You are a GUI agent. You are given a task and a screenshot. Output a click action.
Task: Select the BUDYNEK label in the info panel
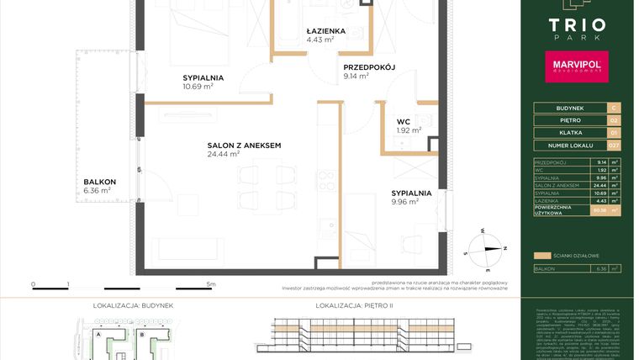[562, 108]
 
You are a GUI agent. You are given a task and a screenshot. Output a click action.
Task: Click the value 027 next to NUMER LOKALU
[614, 148]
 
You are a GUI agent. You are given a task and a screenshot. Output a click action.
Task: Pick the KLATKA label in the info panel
[562, 135]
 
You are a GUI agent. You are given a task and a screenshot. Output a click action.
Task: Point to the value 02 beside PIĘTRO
[614, 121]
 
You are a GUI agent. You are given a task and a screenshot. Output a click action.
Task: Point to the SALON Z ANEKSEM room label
[244, 146]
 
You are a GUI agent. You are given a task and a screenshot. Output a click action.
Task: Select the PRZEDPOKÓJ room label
[368, 67]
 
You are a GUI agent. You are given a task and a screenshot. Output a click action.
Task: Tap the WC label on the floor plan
[404, 121]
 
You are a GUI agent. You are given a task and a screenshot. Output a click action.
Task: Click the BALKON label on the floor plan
[99, 182]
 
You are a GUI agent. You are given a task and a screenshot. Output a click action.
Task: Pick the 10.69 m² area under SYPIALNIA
[198, 86]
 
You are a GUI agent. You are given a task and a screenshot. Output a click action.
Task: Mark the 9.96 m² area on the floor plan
[405, 202]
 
